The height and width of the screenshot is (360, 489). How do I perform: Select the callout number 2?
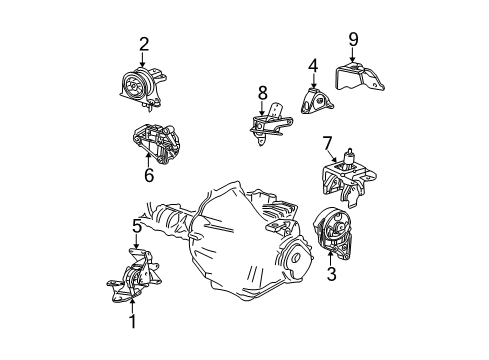coord(144,43)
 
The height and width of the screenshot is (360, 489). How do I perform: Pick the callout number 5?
coord(136,226)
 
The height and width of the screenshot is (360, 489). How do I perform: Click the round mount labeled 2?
coord(138,86)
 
